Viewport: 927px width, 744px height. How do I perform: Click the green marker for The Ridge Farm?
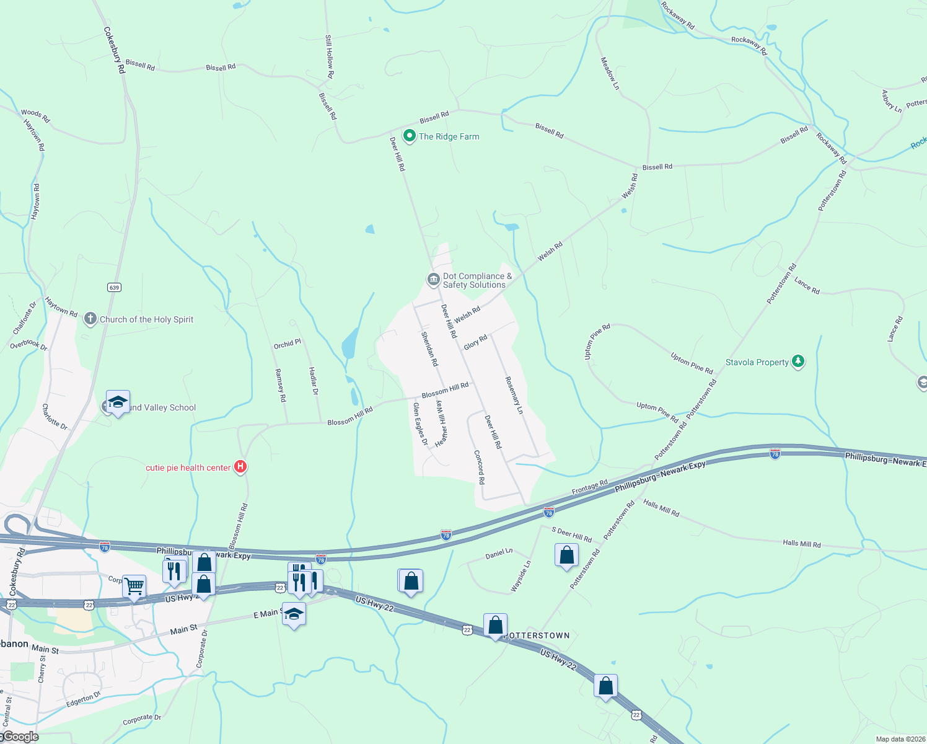coord(409,135)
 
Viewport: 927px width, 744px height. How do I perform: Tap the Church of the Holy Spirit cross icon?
coord(90,319)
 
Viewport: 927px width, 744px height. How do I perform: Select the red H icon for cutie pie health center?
coord(240,467)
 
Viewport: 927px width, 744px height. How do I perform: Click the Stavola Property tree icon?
coord(798,361)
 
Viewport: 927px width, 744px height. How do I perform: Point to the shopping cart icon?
coord(134,585)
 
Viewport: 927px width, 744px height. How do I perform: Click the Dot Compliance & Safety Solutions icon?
coord(434,280)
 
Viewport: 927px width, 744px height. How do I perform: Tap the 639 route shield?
coord(114,287)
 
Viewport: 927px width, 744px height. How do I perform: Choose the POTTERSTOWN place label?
coord(537,635)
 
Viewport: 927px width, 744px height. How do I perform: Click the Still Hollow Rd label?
coord(330,56)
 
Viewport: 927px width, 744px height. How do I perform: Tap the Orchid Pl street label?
coord(288,343)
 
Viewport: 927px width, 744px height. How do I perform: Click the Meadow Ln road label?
coord(610,74)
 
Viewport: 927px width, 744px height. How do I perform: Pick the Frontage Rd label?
coord(589,487)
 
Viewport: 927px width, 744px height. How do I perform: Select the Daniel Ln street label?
coord(499,554)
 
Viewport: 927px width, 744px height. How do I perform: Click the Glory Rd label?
coord(475,342)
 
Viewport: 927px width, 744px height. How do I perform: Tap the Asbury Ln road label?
coord(892,101)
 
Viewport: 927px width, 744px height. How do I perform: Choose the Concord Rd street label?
coord(480,467)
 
